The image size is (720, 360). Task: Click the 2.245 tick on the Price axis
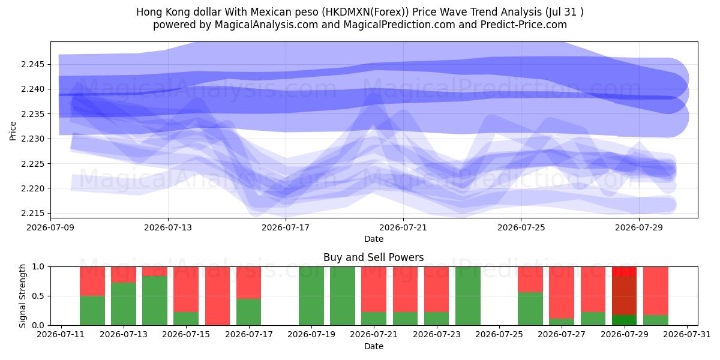point(34,65)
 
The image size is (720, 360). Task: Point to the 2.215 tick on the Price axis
point(34,214)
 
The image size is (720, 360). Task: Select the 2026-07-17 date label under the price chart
point(286,227)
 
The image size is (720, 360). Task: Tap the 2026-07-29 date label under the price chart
point(639,227)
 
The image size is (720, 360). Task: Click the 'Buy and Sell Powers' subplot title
point(373,257)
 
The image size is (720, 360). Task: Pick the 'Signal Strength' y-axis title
point(22,296)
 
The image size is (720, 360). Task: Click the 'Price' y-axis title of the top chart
point(13,131)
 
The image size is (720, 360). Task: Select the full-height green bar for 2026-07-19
point(311,296)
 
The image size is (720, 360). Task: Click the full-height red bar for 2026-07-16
point(218,296)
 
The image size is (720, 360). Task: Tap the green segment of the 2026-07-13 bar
point(124,304)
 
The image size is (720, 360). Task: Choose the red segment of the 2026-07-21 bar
point(374,289)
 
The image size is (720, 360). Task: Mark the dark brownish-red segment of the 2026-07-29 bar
point(624,295)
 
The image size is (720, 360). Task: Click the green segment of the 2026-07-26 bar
point(530,309)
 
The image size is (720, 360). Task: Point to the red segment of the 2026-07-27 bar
point(562,293)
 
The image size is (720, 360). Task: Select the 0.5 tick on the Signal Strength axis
point(38,296)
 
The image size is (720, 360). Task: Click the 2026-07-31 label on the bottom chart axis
point(687,335)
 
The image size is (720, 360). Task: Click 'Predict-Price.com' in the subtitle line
point(524,25)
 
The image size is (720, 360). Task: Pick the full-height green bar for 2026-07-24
point(468,296)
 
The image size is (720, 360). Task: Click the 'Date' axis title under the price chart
point(373,239)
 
